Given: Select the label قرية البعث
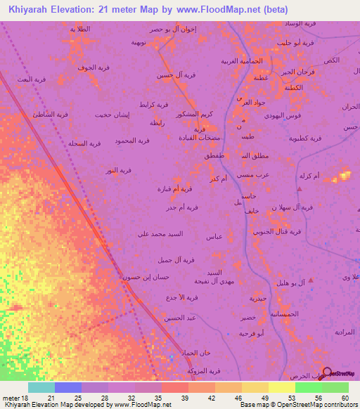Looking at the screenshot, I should [32, 80].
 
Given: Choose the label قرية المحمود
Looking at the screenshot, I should [132, 141].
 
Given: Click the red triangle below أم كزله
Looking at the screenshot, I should [300, 188].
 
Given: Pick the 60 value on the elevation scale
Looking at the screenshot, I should [345, 398].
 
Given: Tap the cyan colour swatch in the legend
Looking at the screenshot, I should [41, 387].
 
